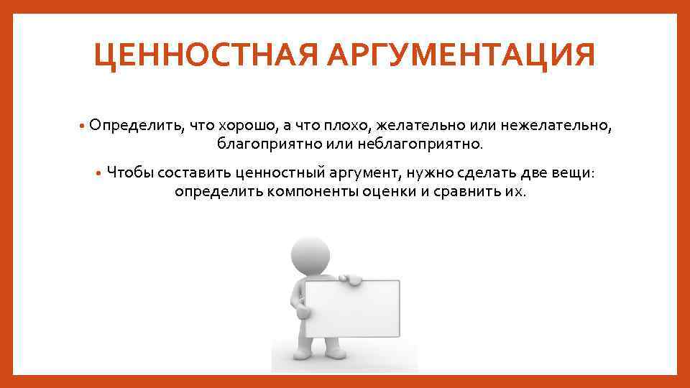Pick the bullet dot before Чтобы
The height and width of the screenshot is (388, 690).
point(99,172)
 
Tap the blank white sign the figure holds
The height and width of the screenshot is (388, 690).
point(351,309)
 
